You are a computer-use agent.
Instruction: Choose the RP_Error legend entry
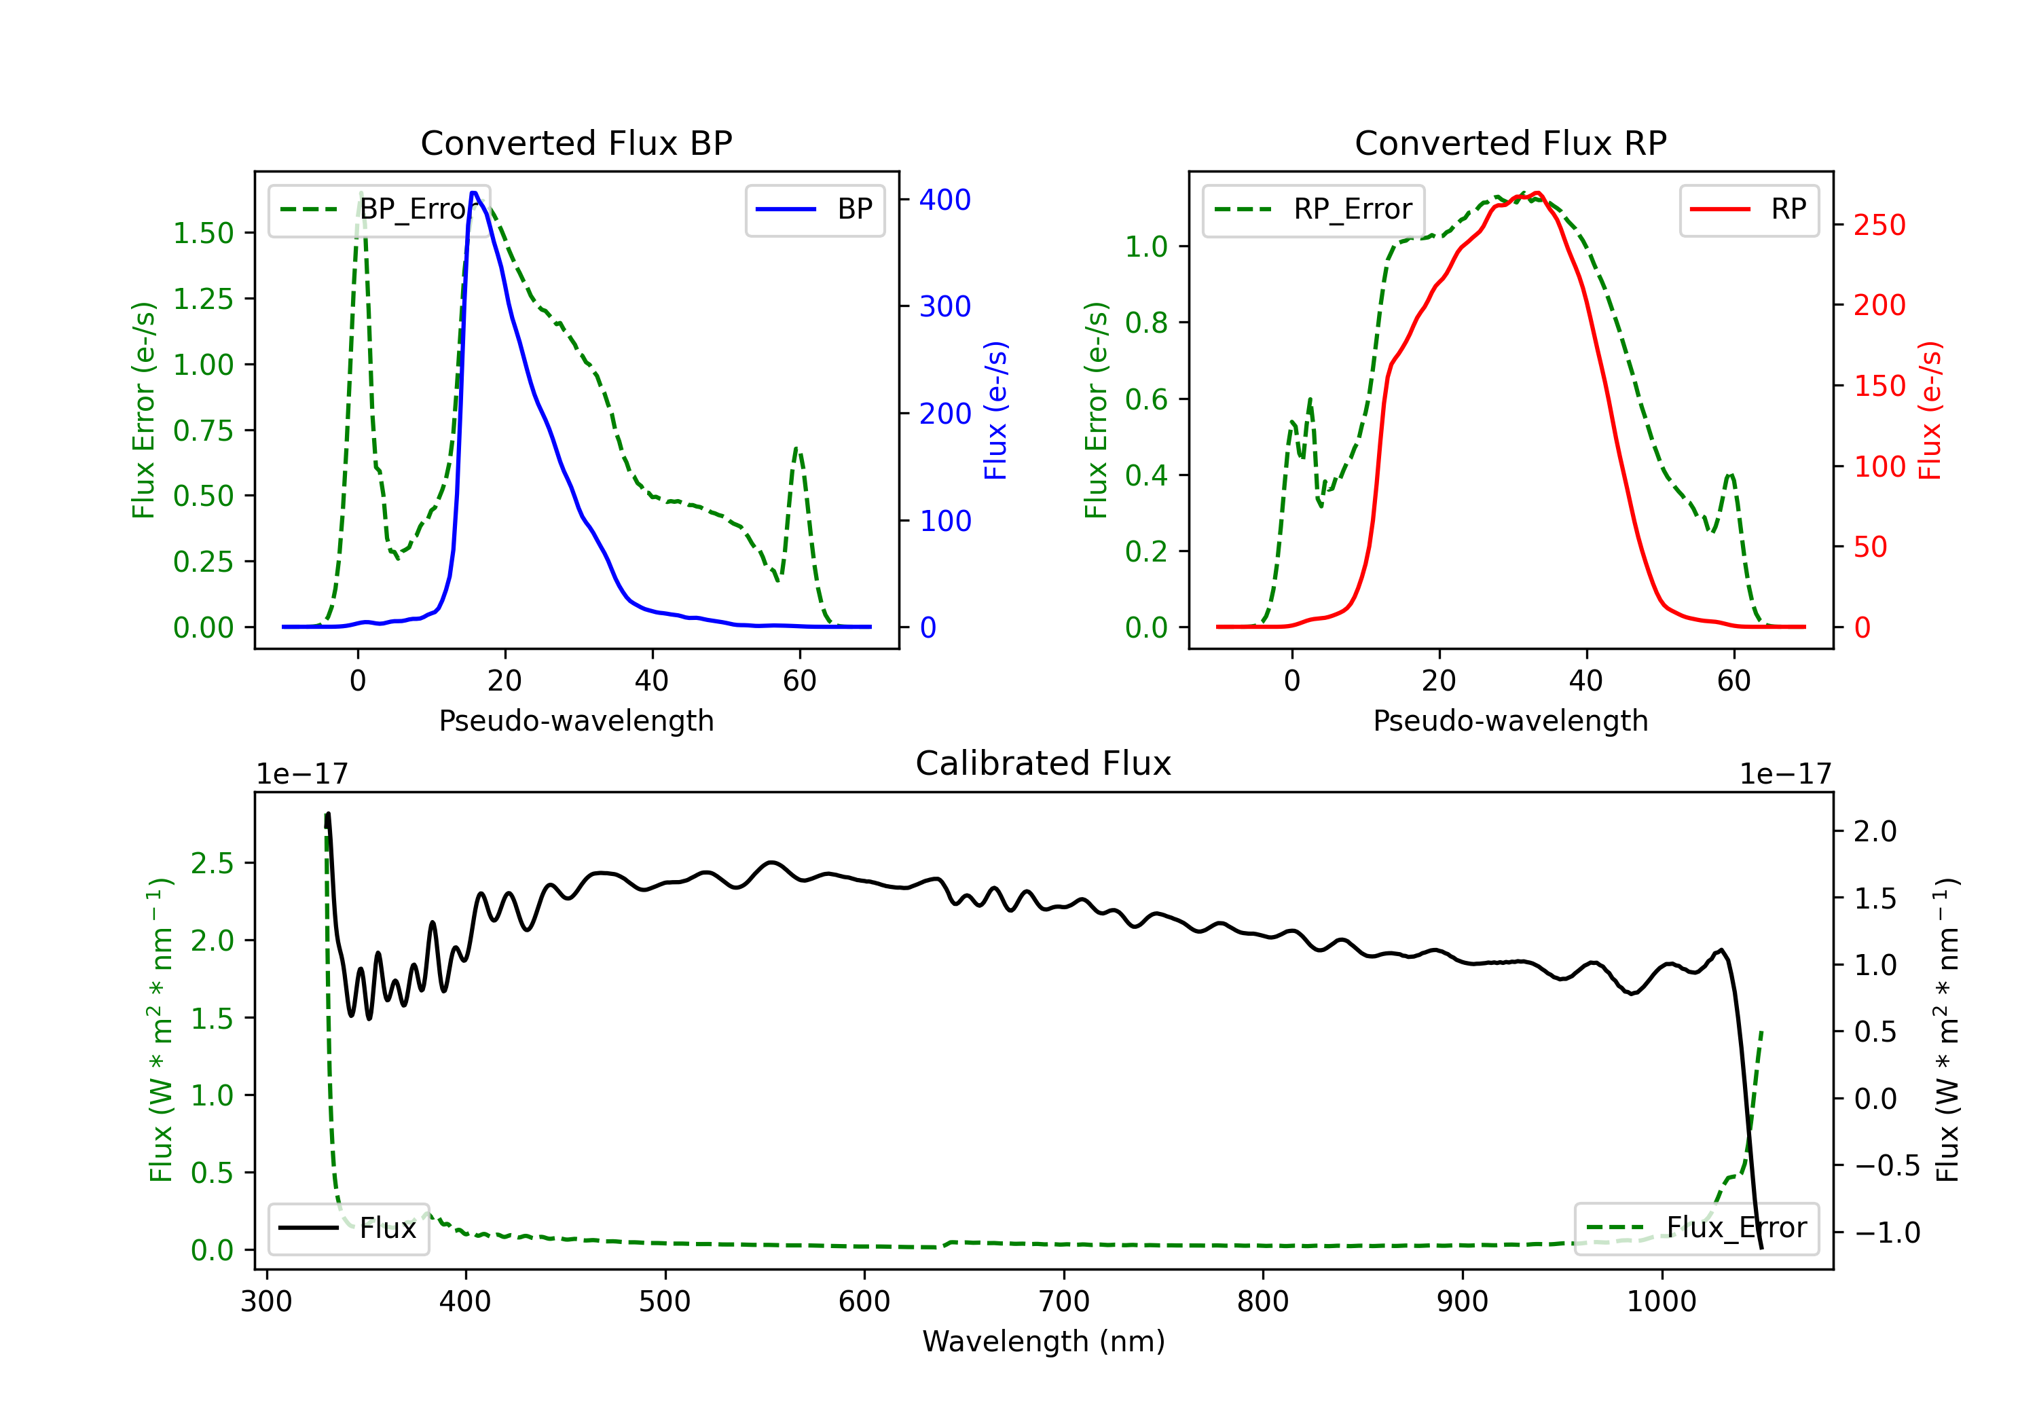1313,209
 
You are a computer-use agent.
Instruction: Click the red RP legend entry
1748,209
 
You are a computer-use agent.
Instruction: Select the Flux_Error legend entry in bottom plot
1695,1228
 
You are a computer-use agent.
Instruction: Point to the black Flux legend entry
348,1228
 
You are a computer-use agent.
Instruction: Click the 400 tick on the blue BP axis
945,200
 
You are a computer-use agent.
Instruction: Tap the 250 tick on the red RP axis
1879,225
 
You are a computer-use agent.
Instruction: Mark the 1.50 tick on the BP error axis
203,234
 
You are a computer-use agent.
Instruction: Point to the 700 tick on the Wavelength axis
1064,1302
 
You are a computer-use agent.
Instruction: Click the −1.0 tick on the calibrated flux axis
1886,1232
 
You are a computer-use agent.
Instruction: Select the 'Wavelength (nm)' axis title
1044,1342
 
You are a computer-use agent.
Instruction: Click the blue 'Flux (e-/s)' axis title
995,411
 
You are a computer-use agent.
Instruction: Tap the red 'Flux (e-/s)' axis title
1930,411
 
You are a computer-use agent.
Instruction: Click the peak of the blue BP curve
475,193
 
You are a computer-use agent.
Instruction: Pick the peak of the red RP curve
1537,193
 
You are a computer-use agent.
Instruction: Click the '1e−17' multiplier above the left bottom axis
301,775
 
